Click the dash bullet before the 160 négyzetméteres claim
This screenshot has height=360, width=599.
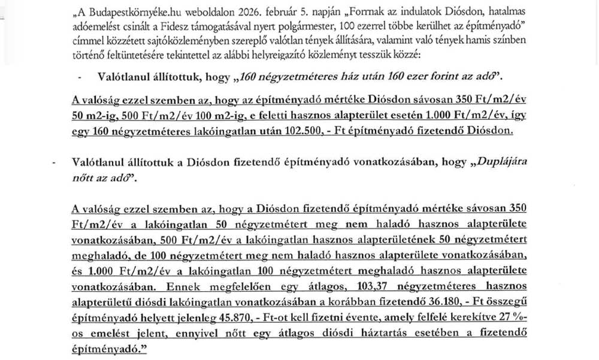coord(80,78)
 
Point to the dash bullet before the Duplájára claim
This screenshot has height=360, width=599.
coord(55,162)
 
